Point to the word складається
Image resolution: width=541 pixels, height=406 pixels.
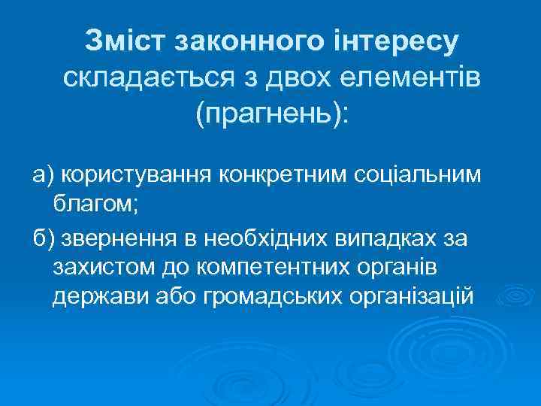(x=153, y=76)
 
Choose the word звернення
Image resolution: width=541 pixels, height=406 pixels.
(x=120, y=239)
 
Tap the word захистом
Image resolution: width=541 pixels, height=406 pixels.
(x=104, y=267)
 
